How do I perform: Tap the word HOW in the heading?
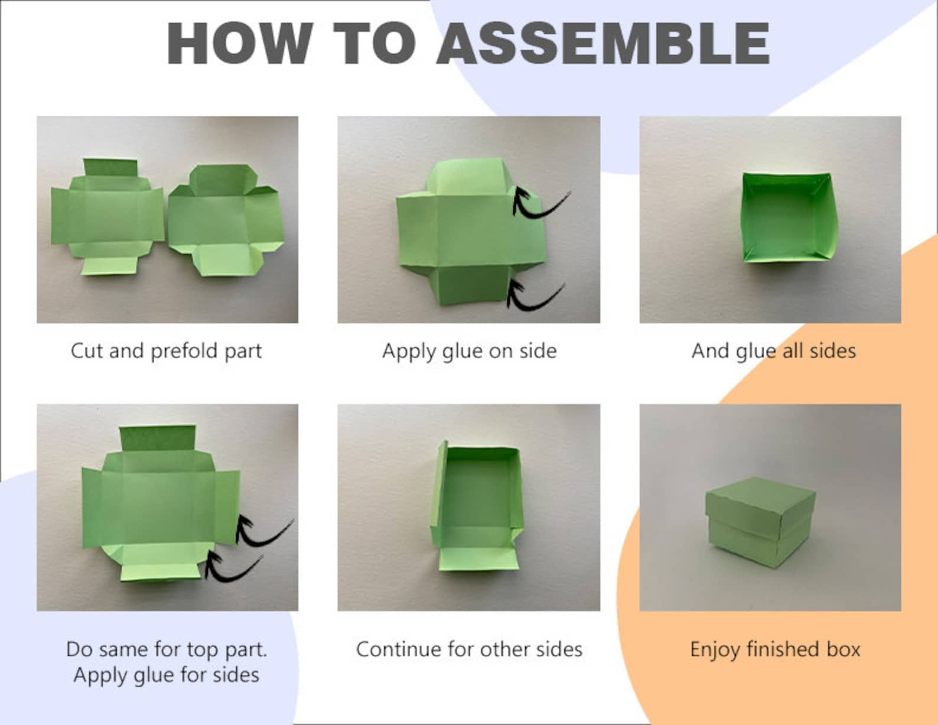239,44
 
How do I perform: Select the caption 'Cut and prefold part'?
166,351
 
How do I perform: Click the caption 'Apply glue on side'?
469,351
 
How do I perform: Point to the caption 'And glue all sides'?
773,351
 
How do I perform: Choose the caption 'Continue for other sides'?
469,649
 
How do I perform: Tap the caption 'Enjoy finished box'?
774,649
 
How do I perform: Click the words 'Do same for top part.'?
166,649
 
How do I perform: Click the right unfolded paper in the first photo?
225,219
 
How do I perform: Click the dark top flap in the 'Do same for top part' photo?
157,438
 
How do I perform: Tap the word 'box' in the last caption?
843,649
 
